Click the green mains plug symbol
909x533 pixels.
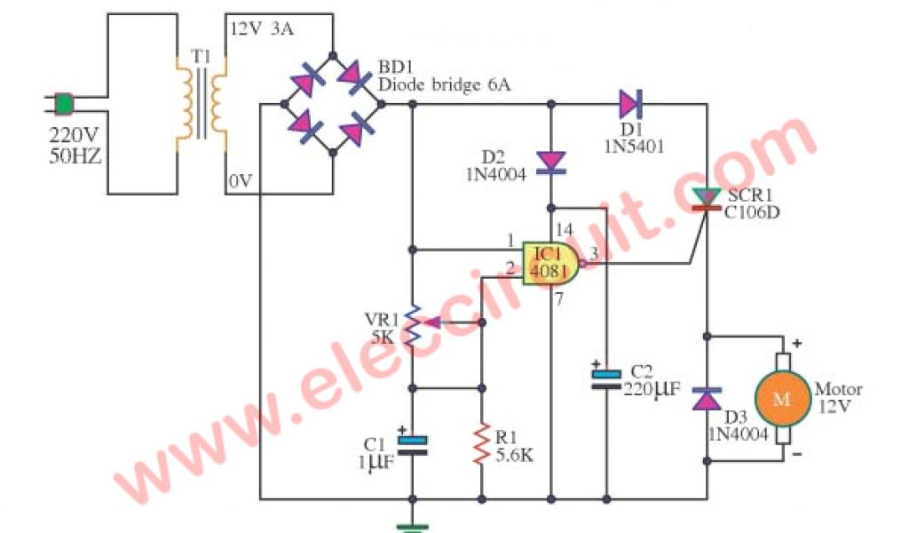(63, 105)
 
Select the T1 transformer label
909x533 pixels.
(202, 56)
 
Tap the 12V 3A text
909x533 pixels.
(261, 28)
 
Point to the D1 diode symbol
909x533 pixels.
(630, 105)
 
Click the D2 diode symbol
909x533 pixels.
(551, 161)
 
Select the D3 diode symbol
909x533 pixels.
(707, 398)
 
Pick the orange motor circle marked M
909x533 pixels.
(782, 399)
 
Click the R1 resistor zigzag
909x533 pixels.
(482, 443)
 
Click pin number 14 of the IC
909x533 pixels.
(561, 228)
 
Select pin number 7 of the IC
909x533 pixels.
(560, 300)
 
